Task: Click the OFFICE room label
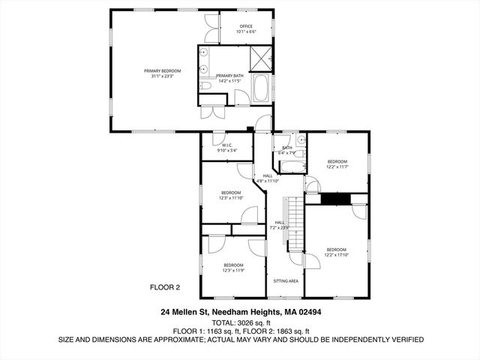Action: tap(246, 26)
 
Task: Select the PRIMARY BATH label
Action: tap(229, 76)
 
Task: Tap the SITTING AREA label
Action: tap(286, 280)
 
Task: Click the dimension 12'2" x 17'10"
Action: tap(336, 254)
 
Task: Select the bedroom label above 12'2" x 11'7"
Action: tap(337, 161)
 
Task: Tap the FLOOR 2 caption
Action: tap(165, 286)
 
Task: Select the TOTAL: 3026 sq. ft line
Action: tap(240, 321)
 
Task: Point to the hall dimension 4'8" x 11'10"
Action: tap(268, 181)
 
